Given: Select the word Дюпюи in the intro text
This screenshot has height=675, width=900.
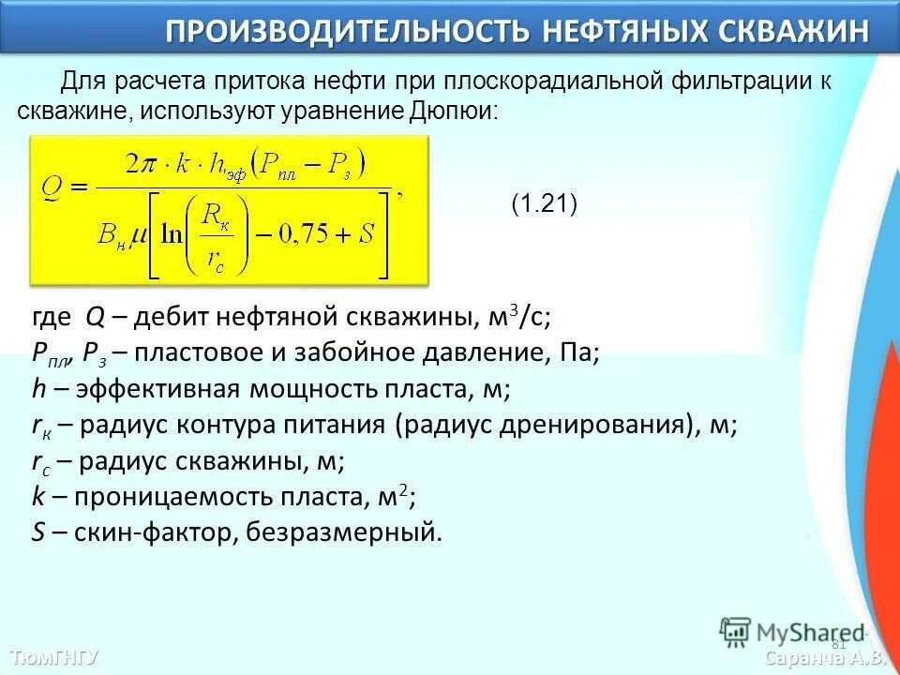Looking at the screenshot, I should click(453, 111).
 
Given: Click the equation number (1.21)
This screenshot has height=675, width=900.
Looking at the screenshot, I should click(544, 204).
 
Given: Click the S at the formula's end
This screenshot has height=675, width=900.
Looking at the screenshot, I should click(367, 232).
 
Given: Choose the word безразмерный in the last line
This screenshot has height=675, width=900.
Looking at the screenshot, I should click(344, 533).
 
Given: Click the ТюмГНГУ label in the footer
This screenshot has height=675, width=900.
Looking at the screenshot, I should click(53, 656).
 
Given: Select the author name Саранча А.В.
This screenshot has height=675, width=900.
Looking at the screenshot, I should click(825, 658).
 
